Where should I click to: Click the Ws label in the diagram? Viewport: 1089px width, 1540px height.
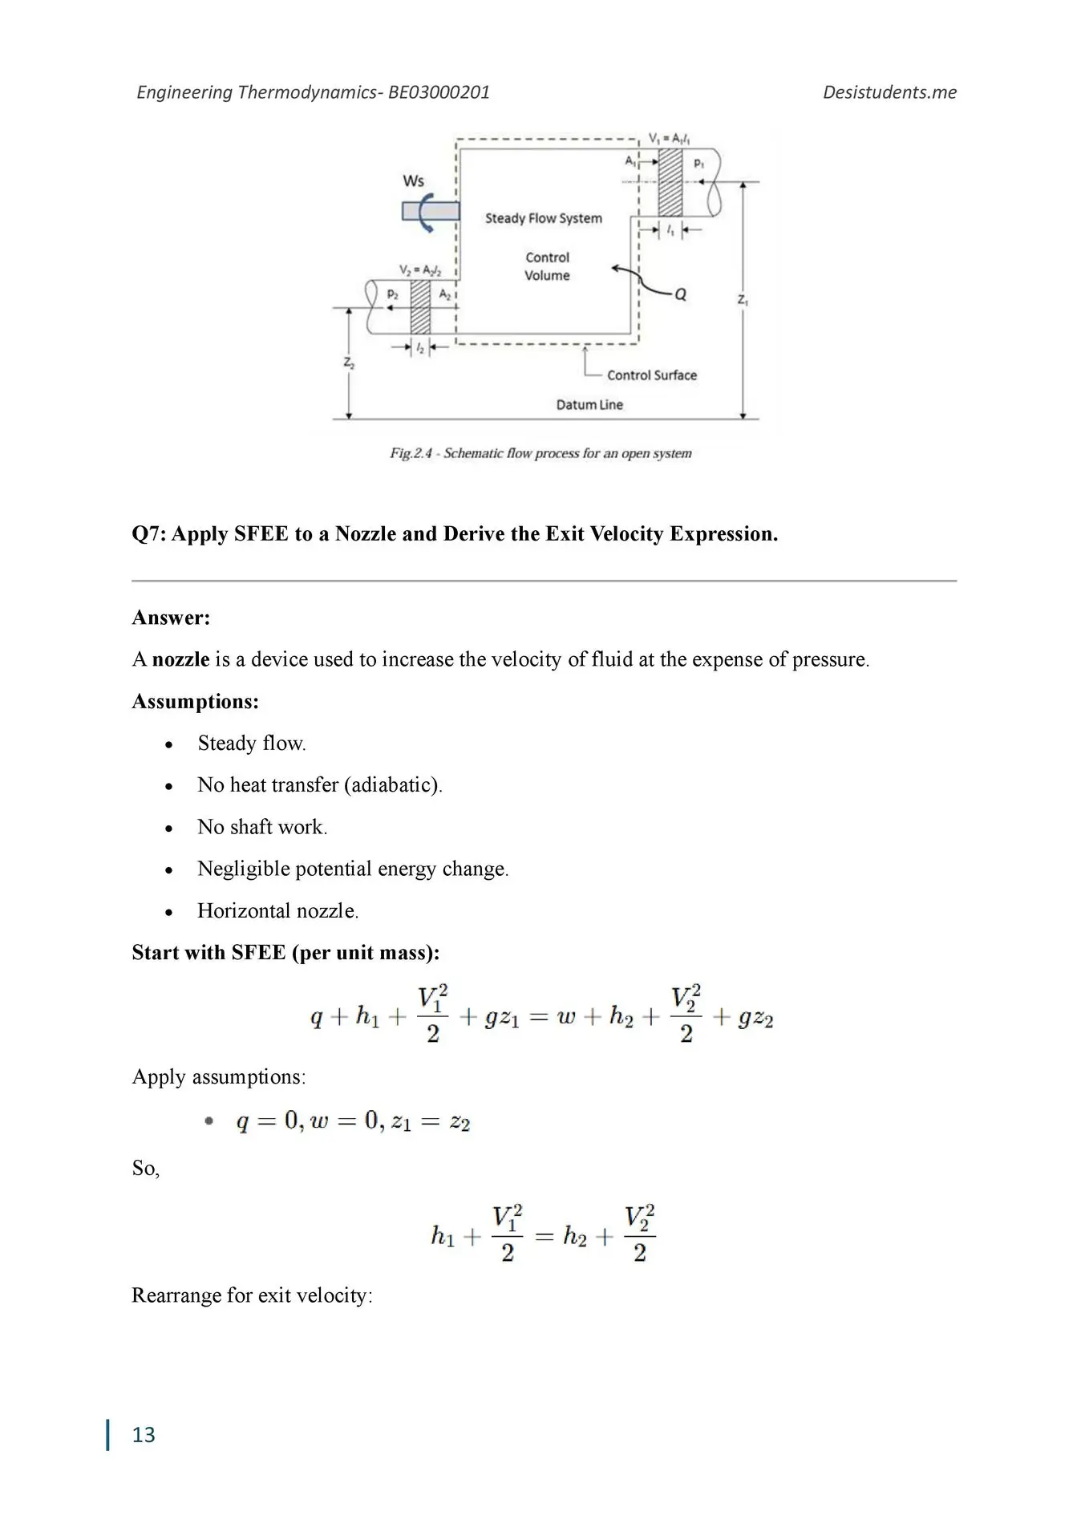click(413, 181)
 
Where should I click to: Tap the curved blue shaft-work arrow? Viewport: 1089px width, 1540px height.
click(426, 213)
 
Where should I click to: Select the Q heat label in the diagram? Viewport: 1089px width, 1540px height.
click(680, 294)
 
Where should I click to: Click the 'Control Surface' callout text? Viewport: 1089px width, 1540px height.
click(651, 375)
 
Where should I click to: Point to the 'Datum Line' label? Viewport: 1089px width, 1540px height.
click(589, 405)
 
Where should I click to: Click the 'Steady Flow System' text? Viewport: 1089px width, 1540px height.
click(543, 218)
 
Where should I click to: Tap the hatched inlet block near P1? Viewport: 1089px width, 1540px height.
click(670, 182)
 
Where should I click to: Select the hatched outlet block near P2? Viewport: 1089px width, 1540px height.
click(420, 306)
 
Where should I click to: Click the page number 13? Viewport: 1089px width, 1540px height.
click(144, 1435)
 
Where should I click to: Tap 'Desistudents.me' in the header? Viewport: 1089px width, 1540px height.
click(889, 92)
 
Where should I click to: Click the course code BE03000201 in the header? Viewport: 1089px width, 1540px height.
click(439, 92)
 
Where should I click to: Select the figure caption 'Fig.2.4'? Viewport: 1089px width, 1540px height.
click(411, 454)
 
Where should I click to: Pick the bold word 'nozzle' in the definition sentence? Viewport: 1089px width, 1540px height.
click(180, 659)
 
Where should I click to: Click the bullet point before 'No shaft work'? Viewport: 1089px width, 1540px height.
click(168, 829)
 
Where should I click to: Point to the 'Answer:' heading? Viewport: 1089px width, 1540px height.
click(171, 618)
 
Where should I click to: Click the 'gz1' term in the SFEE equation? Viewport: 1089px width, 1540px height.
click(501, 1019)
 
